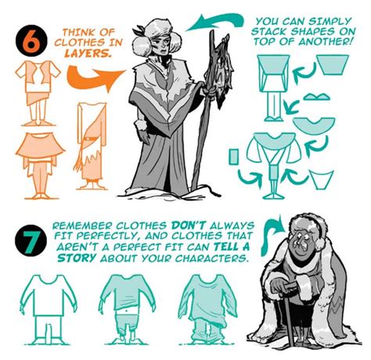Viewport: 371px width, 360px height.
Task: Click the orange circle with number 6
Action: pyautogui.click(x=30, y=42)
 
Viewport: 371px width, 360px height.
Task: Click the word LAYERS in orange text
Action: pyautogui.click(x=78, y=56)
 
